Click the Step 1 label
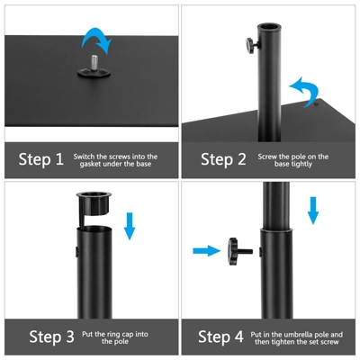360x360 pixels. pos(41,159)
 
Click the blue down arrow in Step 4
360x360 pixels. pos(313,208)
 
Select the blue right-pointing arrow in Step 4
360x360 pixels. pos(206,250)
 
